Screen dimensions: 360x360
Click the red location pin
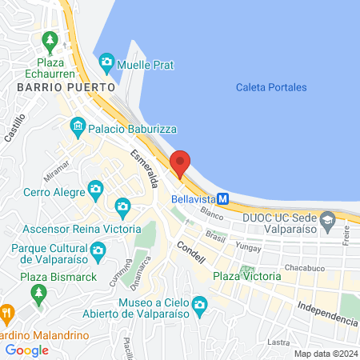coord(180,162)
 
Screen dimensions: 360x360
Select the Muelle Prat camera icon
coord(106,62)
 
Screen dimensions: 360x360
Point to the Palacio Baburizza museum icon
coord(78,125)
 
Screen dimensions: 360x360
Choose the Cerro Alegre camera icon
coord(96,190)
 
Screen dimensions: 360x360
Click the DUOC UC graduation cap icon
coord(326,219)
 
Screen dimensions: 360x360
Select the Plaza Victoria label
coord(247,276)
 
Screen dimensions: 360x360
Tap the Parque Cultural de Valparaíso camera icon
coord(98,251)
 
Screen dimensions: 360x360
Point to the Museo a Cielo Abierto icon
coord(199,304)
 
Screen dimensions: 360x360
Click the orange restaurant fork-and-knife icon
coord(7,312)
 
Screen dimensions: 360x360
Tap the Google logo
coord(27,350)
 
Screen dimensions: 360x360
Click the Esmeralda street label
coord(142,167)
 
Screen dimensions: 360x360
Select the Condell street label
coord(191,254)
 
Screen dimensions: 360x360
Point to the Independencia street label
coord(326,313)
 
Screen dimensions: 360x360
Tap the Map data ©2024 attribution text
coord(325,353)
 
